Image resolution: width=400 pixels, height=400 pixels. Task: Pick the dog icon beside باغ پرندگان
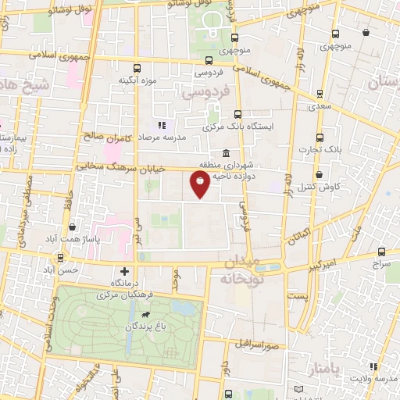click(145, 313)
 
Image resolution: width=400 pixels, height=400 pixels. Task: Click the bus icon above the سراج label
click(381, 252)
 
